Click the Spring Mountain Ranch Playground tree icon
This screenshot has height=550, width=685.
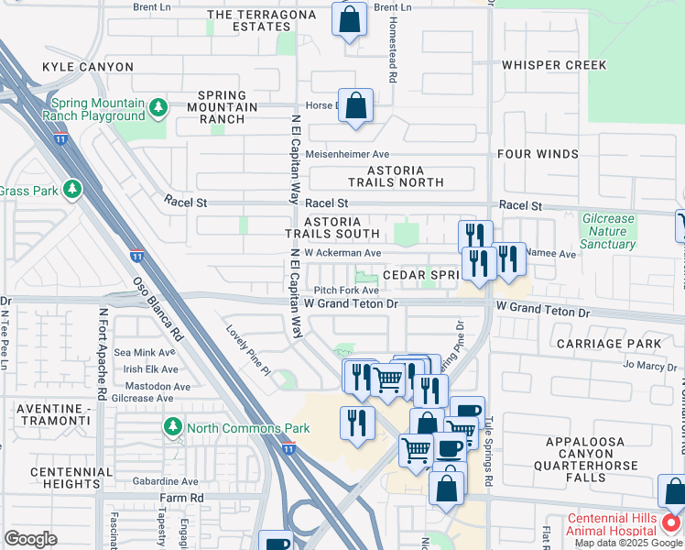(158, 108)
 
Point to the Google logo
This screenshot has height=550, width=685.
(30, 539)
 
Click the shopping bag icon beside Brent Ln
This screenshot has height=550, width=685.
(349, 19)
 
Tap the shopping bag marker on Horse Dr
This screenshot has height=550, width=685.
(355, 105)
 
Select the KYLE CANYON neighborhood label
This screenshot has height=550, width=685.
(88, 67)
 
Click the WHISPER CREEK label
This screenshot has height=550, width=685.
(554, 65)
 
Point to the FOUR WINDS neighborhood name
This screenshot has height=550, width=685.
(538, 154)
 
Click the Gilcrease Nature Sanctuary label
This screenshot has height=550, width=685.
(608, 231)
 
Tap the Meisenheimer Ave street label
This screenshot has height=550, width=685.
(348, 154)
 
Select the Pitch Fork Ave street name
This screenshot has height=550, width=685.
(346, 291)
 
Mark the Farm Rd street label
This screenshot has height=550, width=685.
(179, 498)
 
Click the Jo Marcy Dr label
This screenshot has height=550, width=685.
(649, 365)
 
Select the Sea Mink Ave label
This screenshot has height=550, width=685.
(144, 352)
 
